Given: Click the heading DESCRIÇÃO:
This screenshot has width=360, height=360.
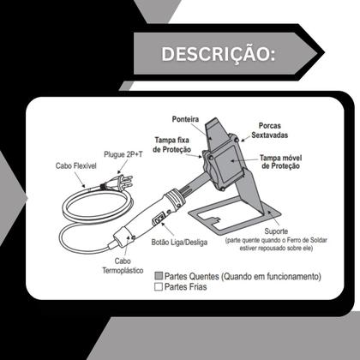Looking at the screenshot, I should [x=218, y=53].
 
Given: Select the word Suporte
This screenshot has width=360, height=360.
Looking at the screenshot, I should [x=275, y=231].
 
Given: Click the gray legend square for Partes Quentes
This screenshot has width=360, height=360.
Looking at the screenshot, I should [x=159, y=277].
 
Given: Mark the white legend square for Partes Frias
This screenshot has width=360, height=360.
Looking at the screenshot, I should [x=159, y=288].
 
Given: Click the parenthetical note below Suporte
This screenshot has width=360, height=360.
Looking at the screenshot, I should [x=275, y=246].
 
